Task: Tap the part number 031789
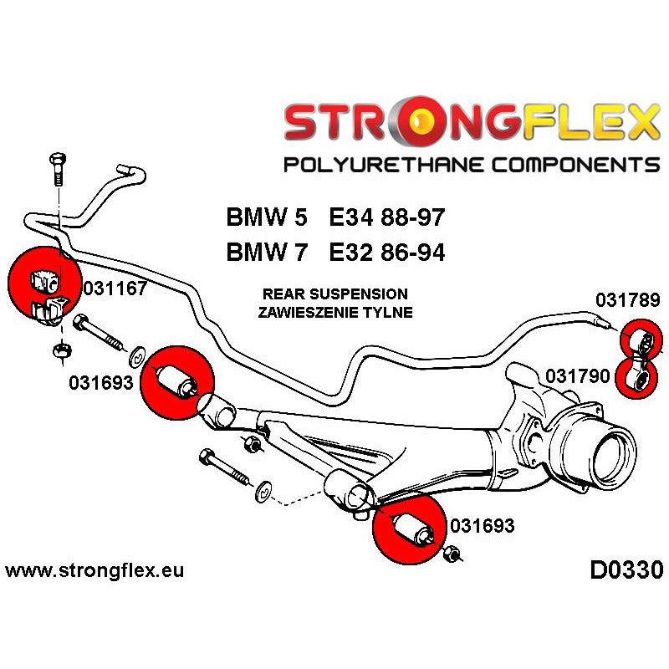627,300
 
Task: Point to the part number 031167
115,290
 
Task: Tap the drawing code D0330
626,570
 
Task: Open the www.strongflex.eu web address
94,571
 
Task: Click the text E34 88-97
386,219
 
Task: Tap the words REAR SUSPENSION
334,294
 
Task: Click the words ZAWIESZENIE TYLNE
334,312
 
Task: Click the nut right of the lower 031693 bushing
452,554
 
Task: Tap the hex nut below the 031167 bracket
61,352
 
